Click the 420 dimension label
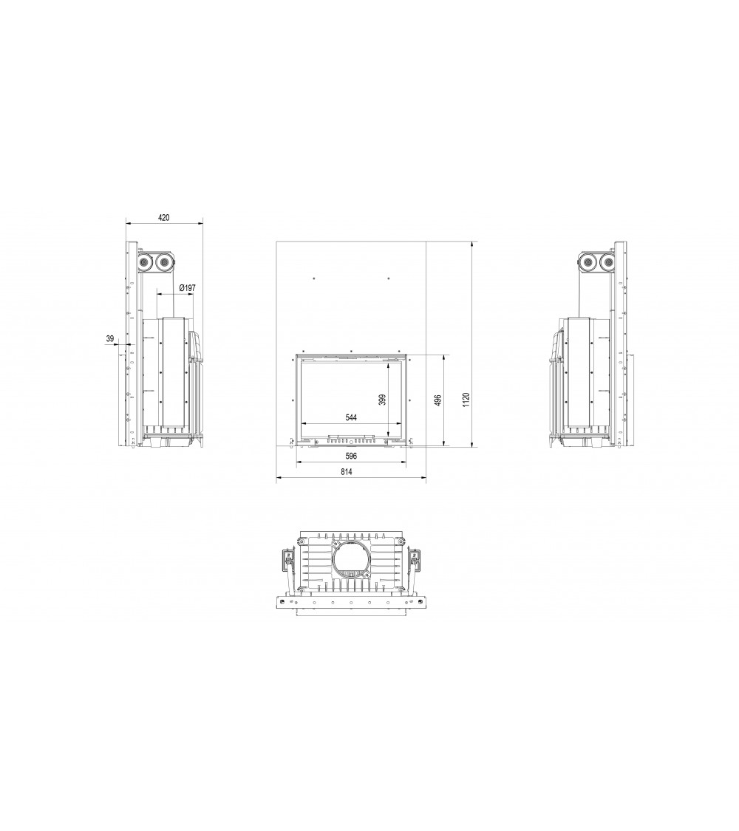click(x=164, y=217)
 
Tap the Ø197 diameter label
click(x=187, y=288)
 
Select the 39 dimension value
click(x=110, y=338)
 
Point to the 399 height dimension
click(x=382, y=400)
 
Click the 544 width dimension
click(x=351, y=417)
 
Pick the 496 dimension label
click(x=437, y=400)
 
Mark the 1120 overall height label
click(x=466, y=400)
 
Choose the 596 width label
click(x=351, y=456)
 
